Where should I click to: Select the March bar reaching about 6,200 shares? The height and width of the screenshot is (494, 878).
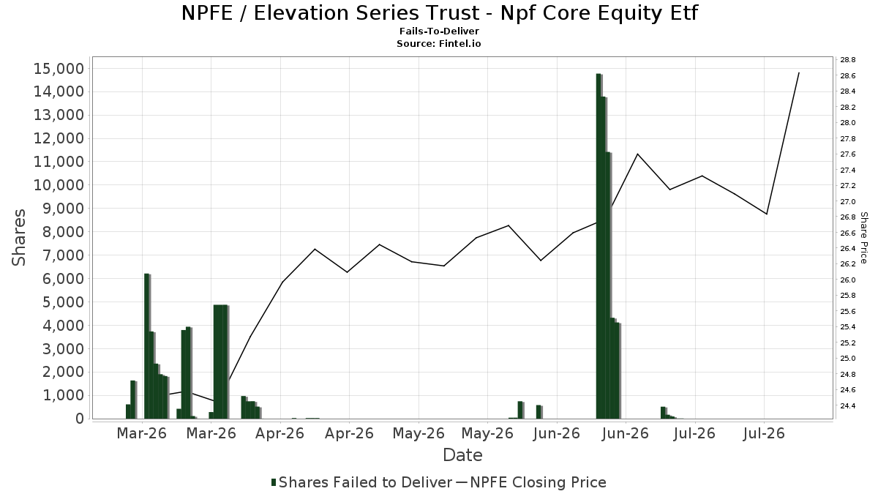[x=147, y=346]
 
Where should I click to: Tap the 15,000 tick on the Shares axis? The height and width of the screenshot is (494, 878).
[x=59, y=69]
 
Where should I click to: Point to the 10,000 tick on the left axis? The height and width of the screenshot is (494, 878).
[x=59, y=185]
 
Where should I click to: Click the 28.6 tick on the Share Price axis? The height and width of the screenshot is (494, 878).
[x=848, y=75]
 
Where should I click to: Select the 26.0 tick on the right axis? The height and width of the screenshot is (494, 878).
[x=848, y=280]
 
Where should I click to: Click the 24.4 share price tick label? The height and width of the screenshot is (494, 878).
[x=848, y=405]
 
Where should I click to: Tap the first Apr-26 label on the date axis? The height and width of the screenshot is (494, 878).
[x=279, y=433]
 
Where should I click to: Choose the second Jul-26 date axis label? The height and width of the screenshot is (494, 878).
[x=764, y=433]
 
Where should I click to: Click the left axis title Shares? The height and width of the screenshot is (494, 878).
[x=19, y=238]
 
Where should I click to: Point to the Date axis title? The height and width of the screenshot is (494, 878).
[x=462, y=455]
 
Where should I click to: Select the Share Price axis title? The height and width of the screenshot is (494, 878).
[x=863, y=238]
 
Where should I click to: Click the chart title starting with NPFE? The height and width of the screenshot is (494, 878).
[x=440, y=13]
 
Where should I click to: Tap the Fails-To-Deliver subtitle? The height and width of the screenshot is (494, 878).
[x=440, y=31]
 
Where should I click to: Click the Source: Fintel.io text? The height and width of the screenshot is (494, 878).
[x=439, y=43]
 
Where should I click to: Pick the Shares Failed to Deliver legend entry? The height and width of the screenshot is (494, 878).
[x=361, y=482]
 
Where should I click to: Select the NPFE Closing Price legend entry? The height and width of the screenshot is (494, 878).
[x=531, y=482]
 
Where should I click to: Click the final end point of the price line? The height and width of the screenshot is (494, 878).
[x=799, y=73]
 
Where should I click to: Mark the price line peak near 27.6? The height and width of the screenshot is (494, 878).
[x=638, y=154]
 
